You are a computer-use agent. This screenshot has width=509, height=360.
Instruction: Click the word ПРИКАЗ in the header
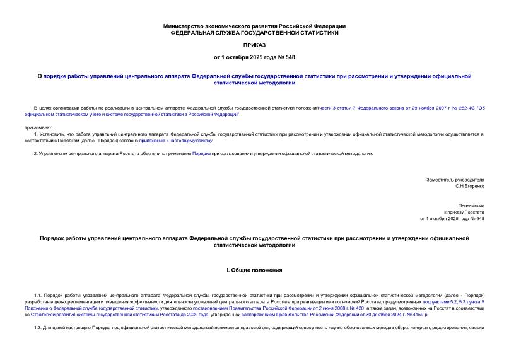[254, 45]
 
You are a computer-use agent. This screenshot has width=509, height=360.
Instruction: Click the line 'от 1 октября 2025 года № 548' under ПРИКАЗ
[254, 57]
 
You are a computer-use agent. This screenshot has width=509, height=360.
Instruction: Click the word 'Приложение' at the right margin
[471, 206]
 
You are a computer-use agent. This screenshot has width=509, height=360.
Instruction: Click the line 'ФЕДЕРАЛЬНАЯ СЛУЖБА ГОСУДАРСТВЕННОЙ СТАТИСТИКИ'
[254, 33]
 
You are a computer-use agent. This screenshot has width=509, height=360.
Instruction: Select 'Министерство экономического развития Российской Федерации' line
[254, 26]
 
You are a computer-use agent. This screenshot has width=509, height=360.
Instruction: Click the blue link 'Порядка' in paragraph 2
[202, 153]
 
